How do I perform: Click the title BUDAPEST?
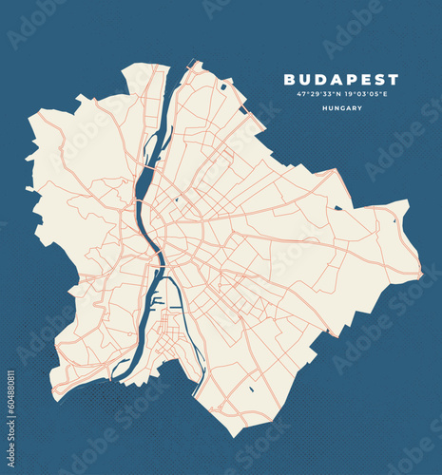[341, 80]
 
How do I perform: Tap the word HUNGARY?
[341, 108]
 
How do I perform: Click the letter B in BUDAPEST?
[289, 80]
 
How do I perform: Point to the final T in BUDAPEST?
[394, 80]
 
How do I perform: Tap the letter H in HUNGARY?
[323, 108]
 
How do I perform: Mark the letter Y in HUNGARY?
[360, 108]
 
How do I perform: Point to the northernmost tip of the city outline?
[197, 62]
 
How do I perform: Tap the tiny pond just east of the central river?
[176, 200]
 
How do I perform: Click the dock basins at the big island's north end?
[159, 302]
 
